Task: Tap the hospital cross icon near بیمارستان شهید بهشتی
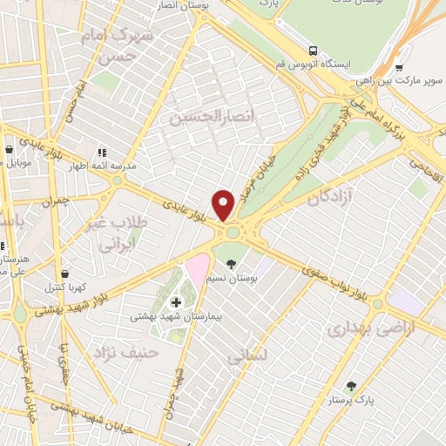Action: pos(177,302)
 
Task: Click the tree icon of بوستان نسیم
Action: pos(230,262)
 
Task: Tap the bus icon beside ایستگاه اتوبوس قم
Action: pos(312,51)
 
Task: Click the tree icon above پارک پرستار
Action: pos(352,385)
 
